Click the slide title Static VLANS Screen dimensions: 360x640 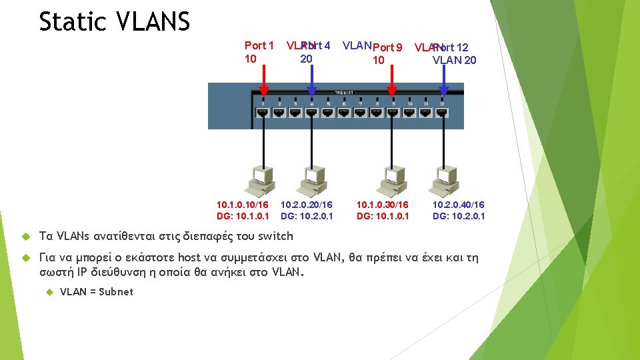(x=114, y=22)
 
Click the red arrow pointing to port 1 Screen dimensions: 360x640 (x=263, y=83)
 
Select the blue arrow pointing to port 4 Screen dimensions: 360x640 (x=311, y=83)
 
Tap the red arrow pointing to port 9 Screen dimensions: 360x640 (x=392, y=83)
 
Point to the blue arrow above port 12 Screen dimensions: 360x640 (x=441, y=83)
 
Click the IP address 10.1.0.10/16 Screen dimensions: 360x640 (x=243, y=205)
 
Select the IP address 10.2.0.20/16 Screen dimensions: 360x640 (x=307, y=205)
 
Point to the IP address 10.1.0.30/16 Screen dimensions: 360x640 (x=383, y=205)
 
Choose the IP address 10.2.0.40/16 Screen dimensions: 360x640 (x=459, y=205)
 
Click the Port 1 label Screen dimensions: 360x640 (x=259, y=46)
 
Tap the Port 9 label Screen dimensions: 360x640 (x=387, y=47)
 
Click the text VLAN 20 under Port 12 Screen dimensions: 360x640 (x=454, y=61)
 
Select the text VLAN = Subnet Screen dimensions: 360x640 (x=97, y=291)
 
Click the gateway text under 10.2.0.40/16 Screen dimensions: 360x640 (x=459, y=215)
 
